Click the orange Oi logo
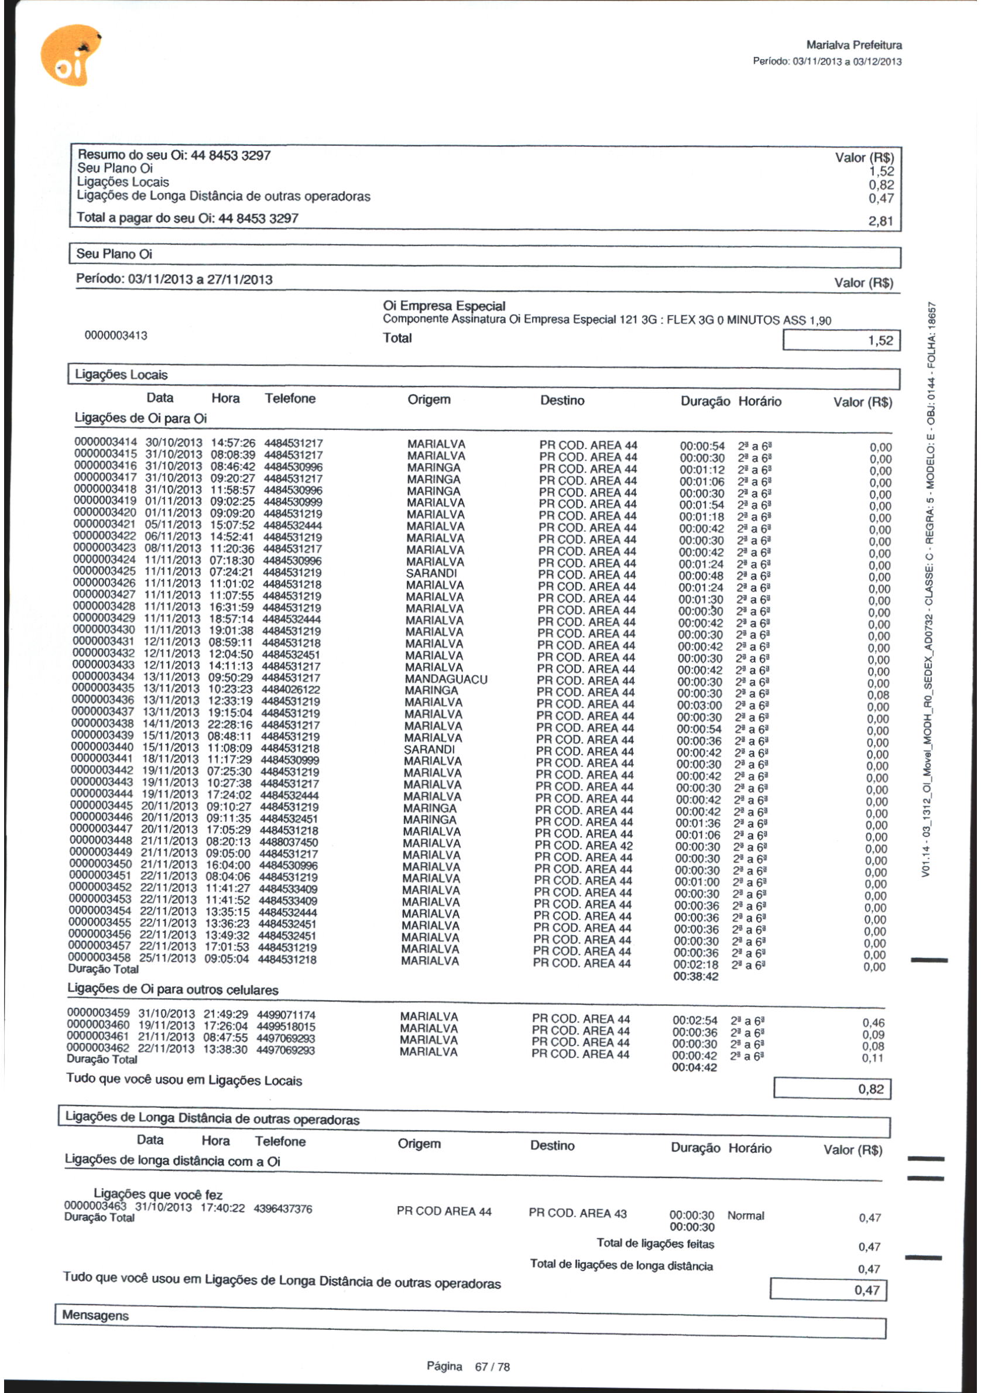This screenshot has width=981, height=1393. pyautogui.click(x=70, y=56)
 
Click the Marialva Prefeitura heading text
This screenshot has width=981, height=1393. pyautogui.click(x=853, y=45)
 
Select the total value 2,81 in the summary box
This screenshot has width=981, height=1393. pyautogui.click(x=880, y=221)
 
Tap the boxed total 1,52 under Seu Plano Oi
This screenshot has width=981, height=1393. pyautogui.click(x=880, y=340)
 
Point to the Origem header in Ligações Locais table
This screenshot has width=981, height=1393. pyautogui.click(x=428, y=399)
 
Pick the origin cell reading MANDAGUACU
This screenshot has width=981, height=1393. pyautogui.click(x=445, y=679)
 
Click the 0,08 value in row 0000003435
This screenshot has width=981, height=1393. pyautogui.click(x=878, y=695)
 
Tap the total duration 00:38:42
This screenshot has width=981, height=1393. pyautogui.click(x=695, y=976)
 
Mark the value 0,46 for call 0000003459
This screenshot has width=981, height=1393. pyautogui.click(x=873, y=1023)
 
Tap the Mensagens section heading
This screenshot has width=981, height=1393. pyautogui.click(x=95, y=1315)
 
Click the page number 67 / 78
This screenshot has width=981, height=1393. pyautogui.click(x=492, y=1367)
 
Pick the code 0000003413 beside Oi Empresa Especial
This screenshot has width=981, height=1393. pyautogui.click(x=116, y=336)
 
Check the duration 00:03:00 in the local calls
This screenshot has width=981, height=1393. pyautogui.click(x=699, y=706)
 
